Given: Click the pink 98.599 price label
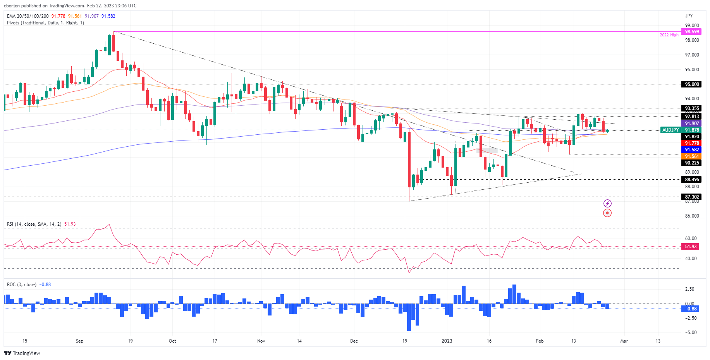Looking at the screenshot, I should [x=692, y=32].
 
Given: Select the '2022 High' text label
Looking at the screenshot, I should [x=669, y=35].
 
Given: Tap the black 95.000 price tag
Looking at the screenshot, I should [x=692, y=84].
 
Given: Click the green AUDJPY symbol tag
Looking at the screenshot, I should [x=670, y=130].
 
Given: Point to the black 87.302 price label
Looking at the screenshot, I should [x=692, y=197].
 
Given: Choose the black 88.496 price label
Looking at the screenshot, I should [x=692, y=180].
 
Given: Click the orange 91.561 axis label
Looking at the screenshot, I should [x=692, y=156].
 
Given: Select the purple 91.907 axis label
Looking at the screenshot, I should [x=692, y=123].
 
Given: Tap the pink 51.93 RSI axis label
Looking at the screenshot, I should [x=691, y=247].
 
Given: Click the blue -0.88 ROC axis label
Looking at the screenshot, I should [x=691, y=309].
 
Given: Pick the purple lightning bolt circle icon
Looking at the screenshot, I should [x=607, y=203].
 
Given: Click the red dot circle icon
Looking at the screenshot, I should [x=607, y=213].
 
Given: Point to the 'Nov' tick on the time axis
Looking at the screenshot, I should [x=261, y=341].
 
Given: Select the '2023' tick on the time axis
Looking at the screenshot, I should [x=447, y=341].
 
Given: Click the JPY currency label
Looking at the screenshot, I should [x=689, y=16].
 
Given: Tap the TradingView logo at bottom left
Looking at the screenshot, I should [x=22, y=353].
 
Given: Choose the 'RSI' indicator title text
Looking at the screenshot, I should [x=10, y=224].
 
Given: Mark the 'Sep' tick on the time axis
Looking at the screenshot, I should [x=79, y=341].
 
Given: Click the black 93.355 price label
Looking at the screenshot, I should [x=692, y=108].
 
